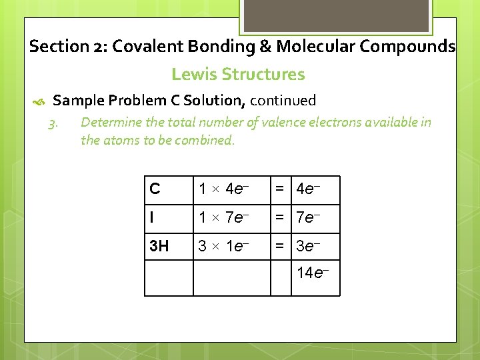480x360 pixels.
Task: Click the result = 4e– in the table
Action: click(305, 189)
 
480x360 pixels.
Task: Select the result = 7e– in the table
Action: click(305, 218)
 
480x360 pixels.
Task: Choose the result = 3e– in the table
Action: click(305, 247)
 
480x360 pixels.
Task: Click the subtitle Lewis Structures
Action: click(238, 74)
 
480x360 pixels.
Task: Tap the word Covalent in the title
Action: click(150, 47)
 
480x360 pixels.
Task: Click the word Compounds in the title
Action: click(413, 47)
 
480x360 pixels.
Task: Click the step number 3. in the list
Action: click(55, 123)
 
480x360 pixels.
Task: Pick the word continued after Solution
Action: click(283, 101)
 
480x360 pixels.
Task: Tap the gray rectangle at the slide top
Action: click(336, 15)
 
